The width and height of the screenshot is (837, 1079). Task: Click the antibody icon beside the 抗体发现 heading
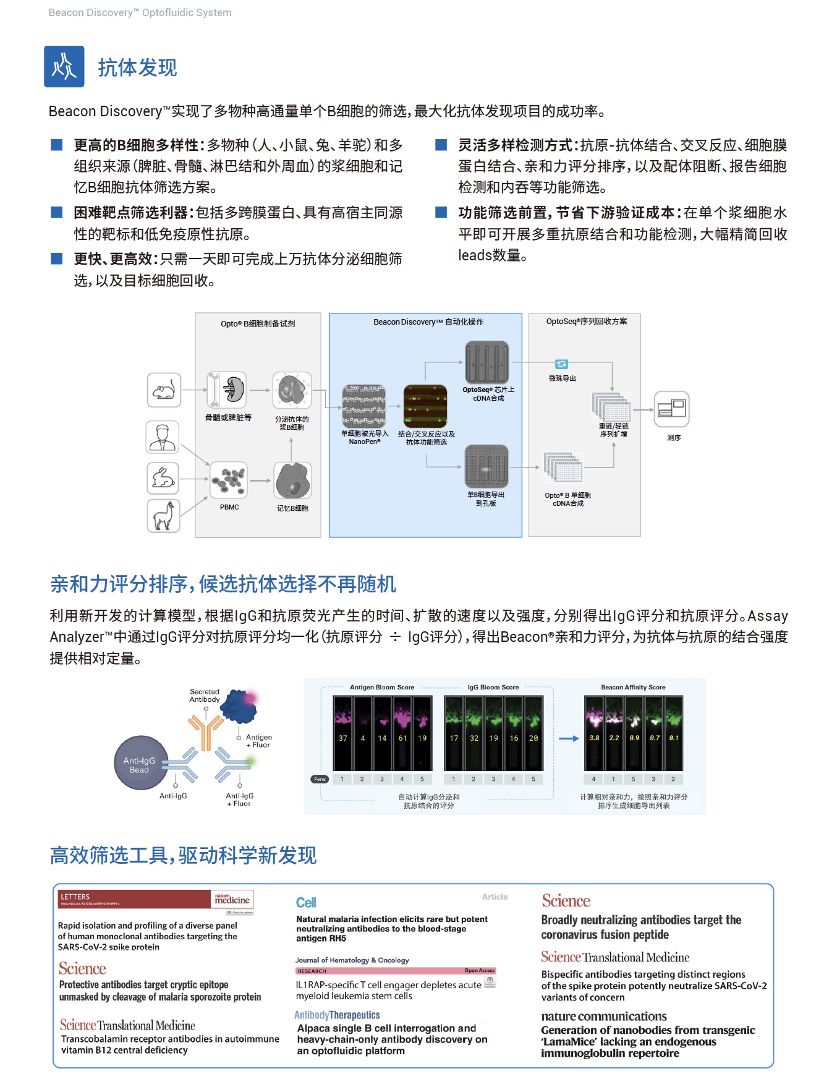coord(64,66)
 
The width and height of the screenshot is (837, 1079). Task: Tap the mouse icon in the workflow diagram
coord(164,390)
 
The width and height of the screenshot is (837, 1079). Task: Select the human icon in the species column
coord(163,437)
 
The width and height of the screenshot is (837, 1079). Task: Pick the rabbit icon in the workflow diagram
coord(163,478)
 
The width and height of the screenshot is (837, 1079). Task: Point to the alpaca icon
coord(163,516)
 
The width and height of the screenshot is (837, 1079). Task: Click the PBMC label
coord(229,507)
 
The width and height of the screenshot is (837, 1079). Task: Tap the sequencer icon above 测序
coord(671,409)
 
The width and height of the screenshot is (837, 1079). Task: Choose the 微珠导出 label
coord(562,378)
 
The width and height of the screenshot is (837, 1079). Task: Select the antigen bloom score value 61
coord(402,738)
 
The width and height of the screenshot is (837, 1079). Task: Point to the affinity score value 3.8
coord(594,738)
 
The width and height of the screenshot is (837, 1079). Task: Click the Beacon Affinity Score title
coord(633,687)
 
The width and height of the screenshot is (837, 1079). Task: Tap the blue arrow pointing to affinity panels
coord(568,738)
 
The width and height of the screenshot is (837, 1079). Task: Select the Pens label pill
coord(320,779)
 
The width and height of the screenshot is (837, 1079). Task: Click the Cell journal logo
coord(306,903)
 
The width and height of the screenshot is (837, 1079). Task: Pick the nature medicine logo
coord(232,899)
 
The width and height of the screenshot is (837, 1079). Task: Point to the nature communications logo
coord(603,1016)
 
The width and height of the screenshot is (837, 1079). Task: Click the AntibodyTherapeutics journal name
coord(337,1015)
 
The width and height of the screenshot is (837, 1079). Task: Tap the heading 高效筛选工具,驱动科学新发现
coord(183,855)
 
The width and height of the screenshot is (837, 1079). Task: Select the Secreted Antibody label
coord(205,696)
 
